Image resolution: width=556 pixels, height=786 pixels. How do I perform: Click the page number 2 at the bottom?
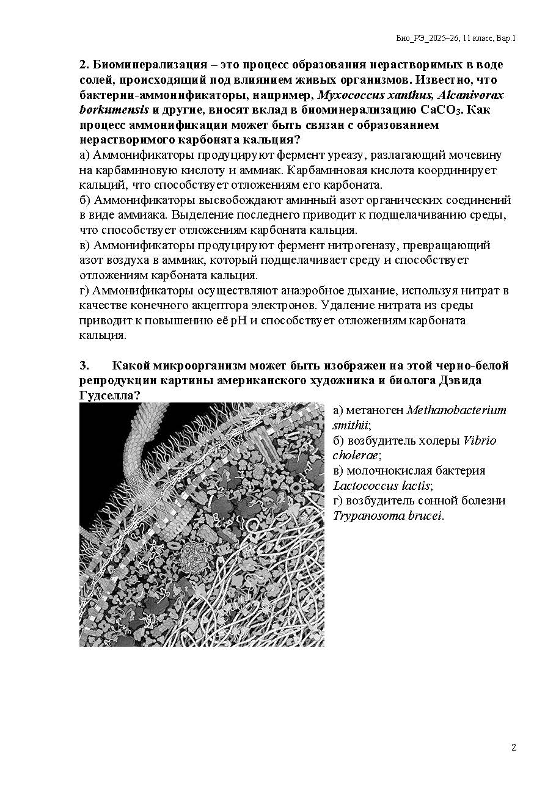(x=513, y=748)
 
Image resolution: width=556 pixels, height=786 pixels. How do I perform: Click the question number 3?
(x=84, y=366)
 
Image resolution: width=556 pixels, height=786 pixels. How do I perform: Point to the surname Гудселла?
(x=107, y=396)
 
